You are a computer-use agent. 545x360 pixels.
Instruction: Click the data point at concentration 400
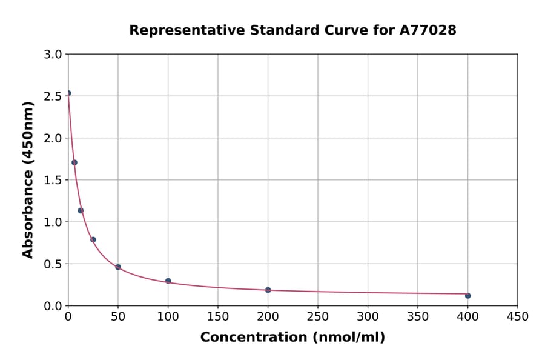[467, 296]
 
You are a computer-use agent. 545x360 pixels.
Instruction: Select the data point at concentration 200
[268, 290]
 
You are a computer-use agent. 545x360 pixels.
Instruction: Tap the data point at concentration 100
[168, 281]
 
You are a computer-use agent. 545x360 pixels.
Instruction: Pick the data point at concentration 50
[118, 267]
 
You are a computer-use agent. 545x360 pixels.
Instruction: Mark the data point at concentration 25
[93, 239]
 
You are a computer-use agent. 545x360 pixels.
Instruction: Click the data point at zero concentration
[68, 93]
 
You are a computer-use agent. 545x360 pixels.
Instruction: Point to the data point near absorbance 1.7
[74, 162]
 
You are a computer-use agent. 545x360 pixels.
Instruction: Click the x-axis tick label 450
[517, 316]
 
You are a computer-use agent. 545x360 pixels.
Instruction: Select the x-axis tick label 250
[317, 316]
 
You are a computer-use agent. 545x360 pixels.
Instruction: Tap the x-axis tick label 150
[217, 316]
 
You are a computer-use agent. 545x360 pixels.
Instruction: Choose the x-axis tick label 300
[368, 316]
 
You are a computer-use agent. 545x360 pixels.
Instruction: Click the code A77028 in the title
[428, 30]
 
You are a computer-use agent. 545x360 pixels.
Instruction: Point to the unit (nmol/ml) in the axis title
[348, 337]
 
